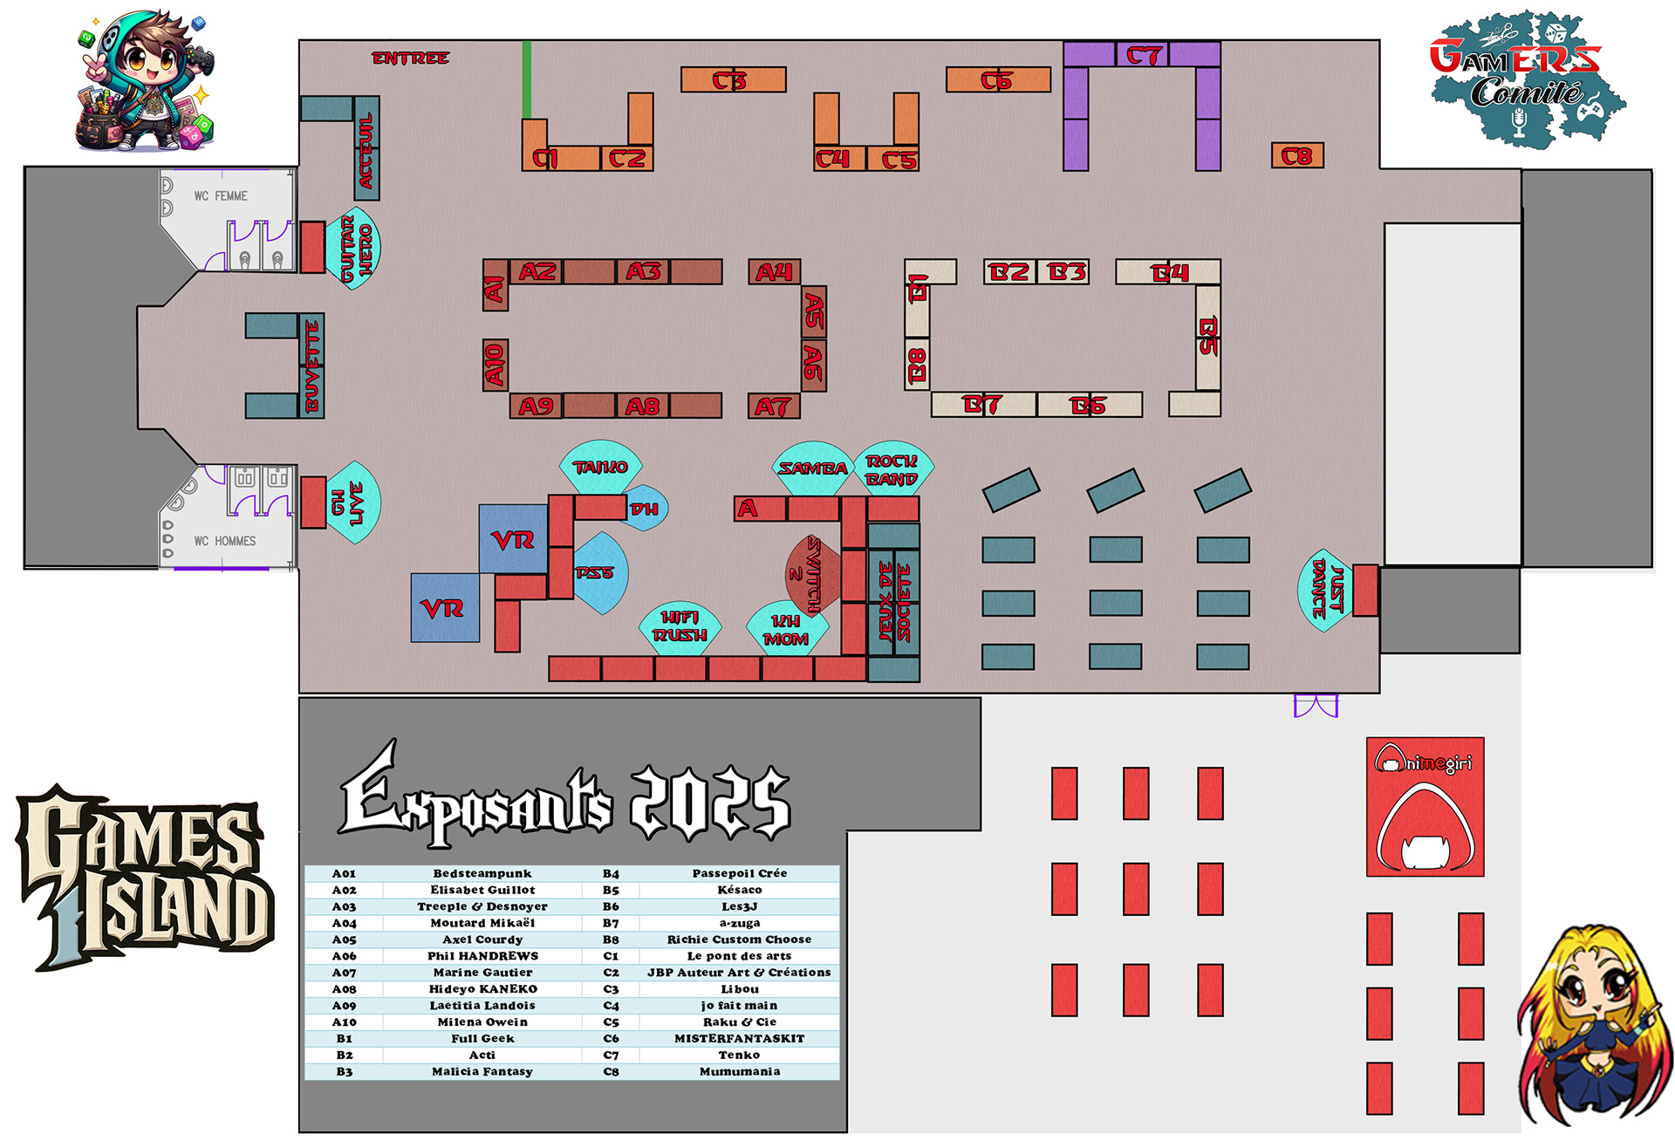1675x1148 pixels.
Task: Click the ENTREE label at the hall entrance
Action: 410,58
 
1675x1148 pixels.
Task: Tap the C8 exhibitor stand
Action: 1297,156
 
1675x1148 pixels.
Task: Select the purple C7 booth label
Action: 1143,56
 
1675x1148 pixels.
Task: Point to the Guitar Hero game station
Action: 354,249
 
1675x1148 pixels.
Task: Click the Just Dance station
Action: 1325,590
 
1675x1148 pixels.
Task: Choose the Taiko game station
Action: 600,468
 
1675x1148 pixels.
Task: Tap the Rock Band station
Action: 892,470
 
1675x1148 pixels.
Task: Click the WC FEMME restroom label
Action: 221,196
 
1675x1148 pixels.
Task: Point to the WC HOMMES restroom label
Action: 225,541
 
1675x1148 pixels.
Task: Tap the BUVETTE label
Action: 312,366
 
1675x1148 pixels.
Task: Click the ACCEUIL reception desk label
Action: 366,149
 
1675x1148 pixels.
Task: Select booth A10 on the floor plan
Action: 496,365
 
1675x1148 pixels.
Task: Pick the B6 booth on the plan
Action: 1088,406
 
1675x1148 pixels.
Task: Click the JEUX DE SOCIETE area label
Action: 894,602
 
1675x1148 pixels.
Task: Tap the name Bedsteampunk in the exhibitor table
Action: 482,873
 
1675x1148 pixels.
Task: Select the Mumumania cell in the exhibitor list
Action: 740,1071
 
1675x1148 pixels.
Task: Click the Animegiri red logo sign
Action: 1425,807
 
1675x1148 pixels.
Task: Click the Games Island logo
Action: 144,877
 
